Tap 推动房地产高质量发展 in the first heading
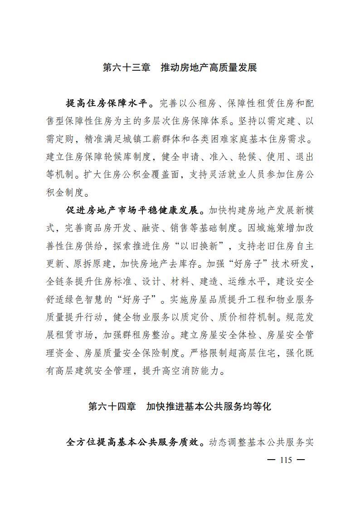click(209, 68)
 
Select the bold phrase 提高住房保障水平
click(107, 103)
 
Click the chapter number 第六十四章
click(112, 407)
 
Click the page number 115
click(286, 460)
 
